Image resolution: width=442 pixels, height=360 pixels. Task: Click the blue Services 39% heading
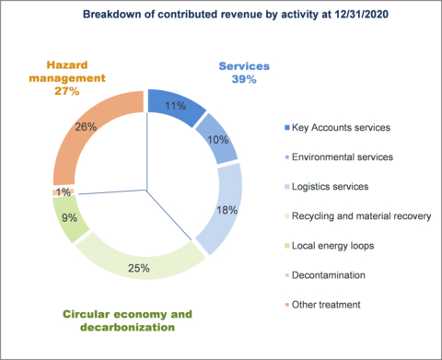click(x=245, y=74)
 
